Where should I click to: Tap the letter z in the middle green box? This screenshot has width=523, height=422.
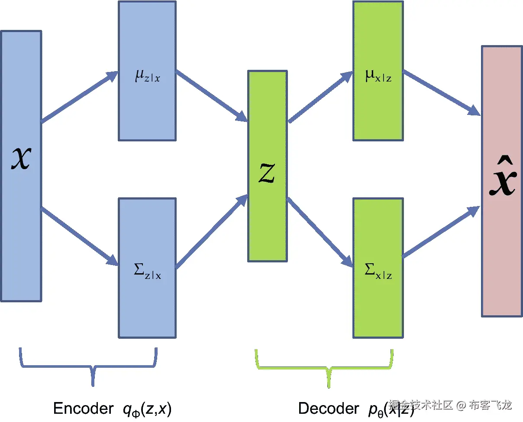click(x=267, y=174)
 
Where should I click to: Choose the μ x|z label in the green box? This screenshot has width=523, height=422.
click(x=378, y=77)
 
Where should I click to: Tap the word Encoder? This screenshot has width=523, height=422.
click(x=82, y=408)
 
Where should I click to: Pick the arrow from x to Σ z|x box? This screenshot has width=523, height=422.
click(x=80, y=237)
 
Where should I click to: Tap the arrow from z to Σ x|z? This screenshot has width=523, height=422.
click(x=320, y=232)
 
